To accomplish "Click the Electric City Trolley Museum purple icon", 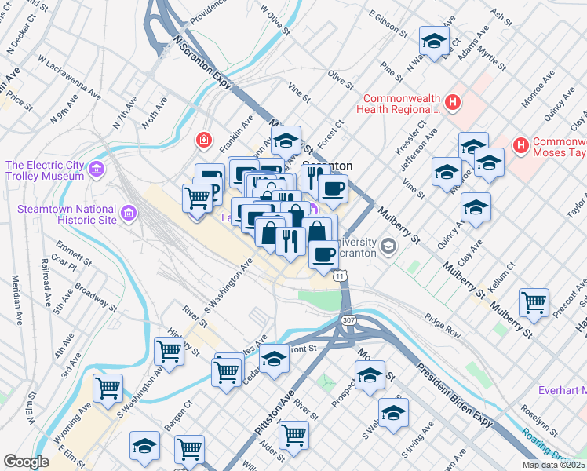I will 96,170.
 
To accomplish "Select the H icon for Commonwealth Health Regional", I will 452,102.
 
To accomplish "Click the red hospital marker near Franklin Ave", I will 203,141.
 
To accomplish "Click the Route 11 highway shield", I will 338,276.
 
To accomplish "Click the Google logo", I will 26,462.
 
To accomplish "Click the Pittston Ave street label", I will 272,413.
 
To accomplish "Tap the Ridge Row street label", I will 443,325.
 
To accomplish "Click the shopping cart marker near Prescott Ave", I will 534,302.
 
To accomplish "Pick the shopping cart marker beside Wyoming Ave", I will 108,387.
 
